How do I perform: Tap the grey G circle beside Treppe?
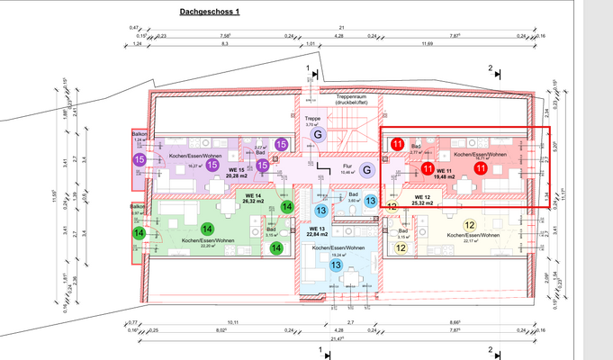coord(317,134)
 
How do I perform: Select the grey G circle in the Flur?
coord(366,169)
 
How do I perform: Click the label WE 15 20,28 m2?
coord(238,173)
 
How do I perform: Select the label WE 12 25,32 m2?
coord(423,200)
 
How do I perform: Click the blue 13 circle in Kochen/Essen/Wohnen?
coord(335,265)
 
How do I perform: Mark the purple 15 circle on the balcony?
coord(140,159)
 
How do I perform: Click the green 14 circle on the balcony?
coord(140,233)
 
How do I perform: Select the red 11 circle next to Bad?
coord(397,141)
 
